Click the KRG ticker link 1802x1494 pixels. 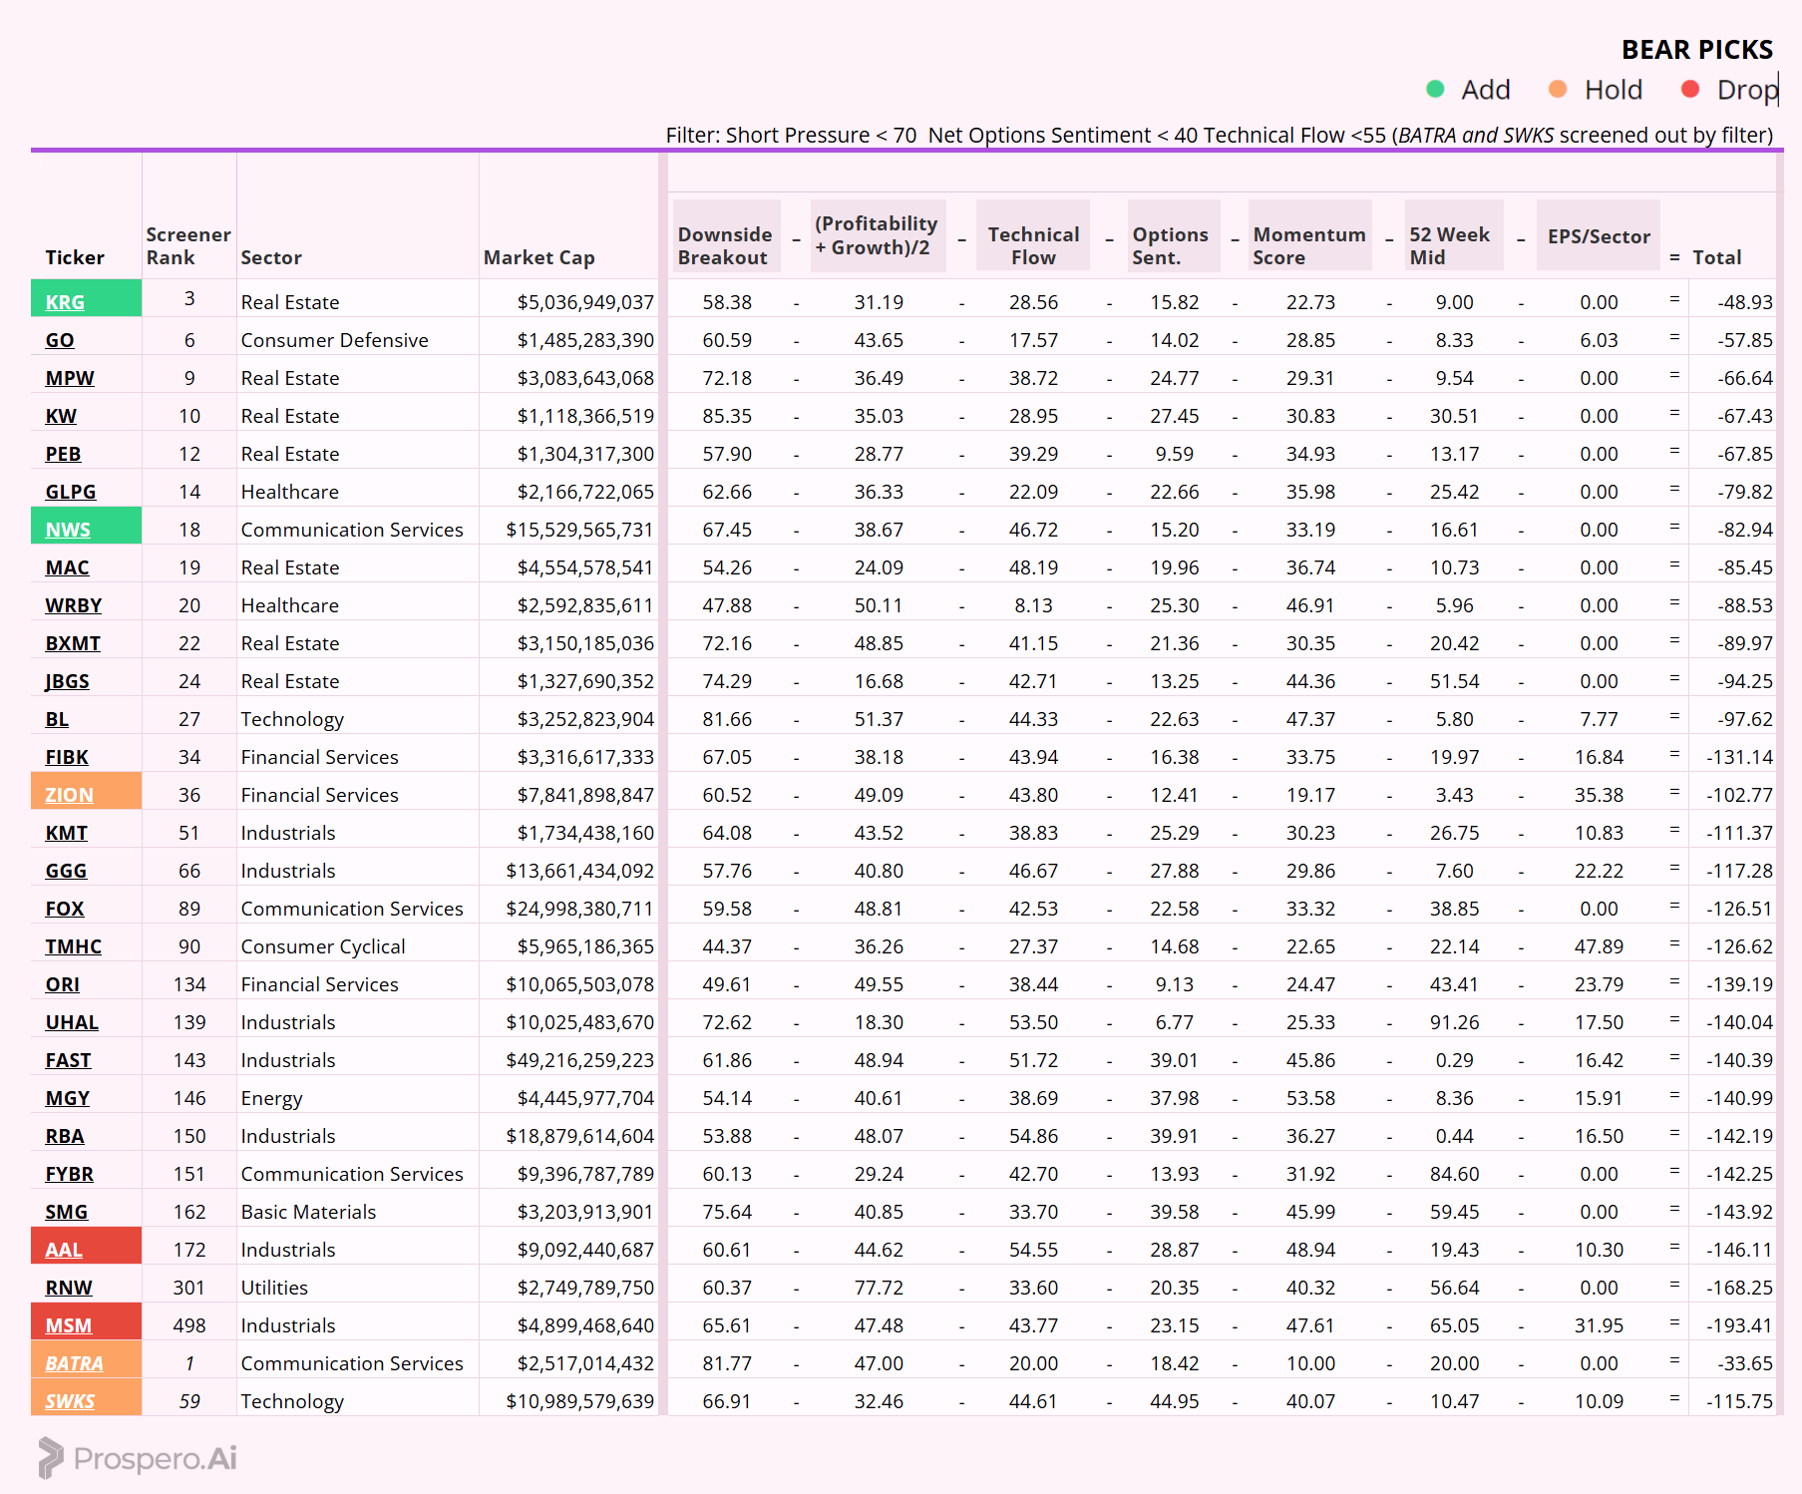point(65,302)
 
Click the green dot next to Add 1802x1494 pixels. point(1435,90)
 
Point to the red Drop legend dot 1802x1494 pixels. point(1689,90)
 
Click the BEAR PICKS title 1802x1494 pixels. point(1696,50)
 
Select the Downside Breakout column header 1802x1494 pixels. point(725,245)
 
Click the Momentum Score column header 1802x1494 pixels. point(1308,245)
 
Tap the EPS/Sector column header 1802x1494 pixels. point(1598,236)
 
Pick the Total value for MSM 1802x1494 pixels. point(1739,1325)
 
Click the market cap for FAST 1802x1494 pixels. point(579,1060)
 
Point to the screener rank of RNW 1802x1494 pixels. point(188,1288)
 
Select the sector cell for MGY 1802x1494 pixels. point(271,1098)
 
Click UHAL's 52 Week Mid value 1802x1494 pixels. point(1454,1022)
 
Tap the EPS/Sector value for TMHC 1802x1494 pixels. point(1599,946)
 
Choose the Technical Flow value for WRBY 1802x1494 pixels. point(1033,605)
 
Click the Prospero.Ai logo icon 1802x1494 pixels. point(50,1458)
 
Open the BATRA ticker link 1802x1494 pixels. point(74,1363)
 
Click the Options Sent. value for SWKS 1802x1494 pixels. point(1174,1401)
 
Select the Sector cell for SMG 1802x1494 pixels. point(308,1212)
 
